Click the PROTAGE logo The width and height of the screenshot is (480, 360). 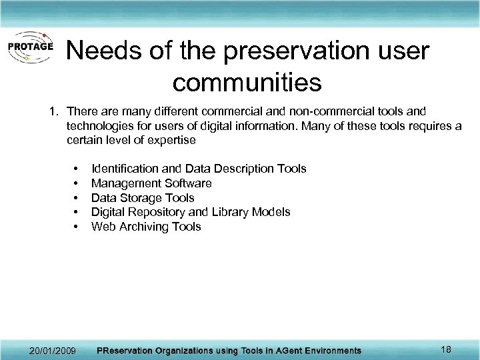point(31,47)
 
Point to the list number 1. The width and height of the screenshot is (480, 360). point(55,110)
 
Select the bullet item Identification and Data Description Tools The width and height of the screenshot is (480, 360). point(199,169)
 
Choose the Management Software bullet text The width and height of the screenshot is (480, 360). point(151,183)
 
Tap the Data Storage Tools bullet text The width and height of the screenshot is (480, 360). point(143,198)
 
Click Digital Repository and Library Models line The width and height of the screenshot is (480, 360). point(191,212)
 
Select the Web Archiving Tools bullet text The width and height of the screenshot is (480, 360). point(146,227)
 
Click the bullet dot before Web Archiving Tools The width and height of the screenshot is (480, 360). point(78,227)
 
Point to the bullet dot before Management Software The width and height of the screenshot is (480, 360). point(78,183)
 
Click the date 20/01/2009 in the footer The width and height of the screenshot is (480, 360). point(53,350)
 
